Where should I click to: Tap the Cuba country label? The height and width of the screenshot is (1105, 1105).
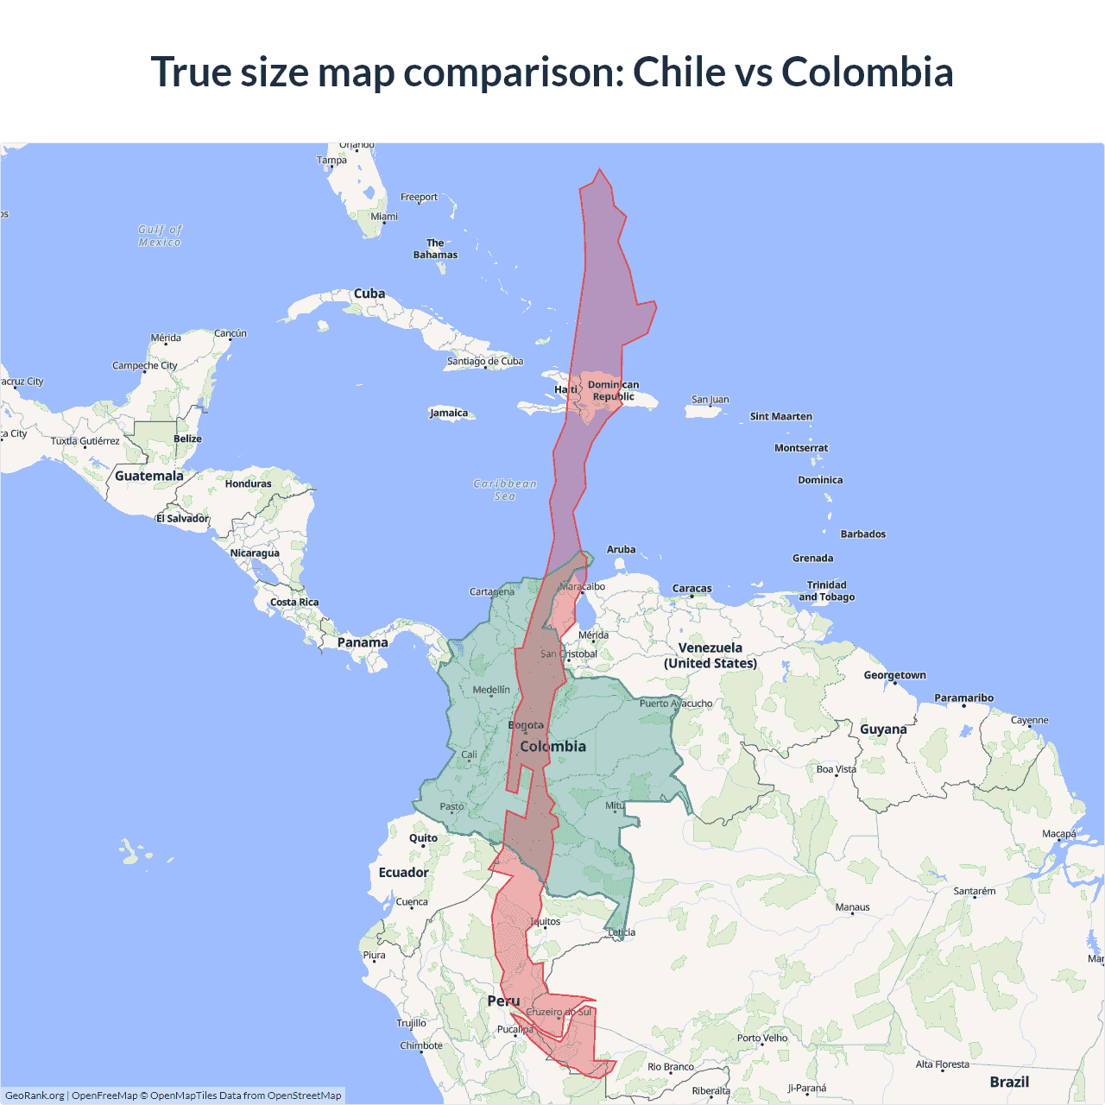point(369,294)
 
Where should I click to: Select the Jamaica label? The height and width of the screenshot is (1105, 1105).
point(449,413)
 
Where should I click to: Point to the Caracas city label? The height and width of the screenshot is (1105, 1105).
point(692,589)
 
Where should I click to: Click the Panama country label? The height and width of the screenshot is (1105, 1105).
point(363,642)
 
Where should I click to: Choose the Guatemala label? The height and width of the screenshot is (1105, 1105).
point(149,476)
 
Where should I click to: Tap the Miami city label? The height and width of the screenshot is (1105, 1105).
point(384,217)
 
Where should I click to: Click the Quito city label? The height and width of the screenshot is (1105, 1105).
point(423,837)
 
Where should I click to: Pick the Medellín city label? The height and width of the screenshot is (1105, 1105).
point(491,690)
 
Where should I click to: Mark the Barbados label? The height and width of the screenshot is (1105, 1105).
point(863,534)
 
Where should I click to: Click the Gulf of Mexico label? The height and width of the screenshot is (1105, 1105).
point(161,236)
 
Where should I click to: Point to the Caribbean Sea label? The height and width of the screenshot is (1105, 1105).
point(505,489)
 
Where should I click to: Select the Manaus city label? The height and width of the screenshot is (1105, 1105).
point(853,907)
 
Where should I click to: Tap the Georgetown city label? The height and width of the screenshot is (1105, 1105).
point(895,675)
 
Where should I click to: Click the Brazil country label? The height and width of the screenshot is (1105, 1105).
point(1009,1082)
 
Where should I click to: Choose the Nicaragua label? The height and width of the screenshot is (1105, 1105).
point(255,552)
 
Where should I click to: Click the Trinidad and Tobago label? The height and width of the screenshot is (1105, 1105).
point(827,590)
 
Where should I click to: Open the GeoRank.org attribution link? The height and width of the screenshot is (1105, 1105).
point(35,1096)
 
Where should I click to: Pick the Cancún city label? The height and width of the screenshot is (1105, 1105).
point(230,333)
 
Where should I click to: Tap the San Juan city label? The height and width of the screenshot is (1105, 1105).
point(710,400)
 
